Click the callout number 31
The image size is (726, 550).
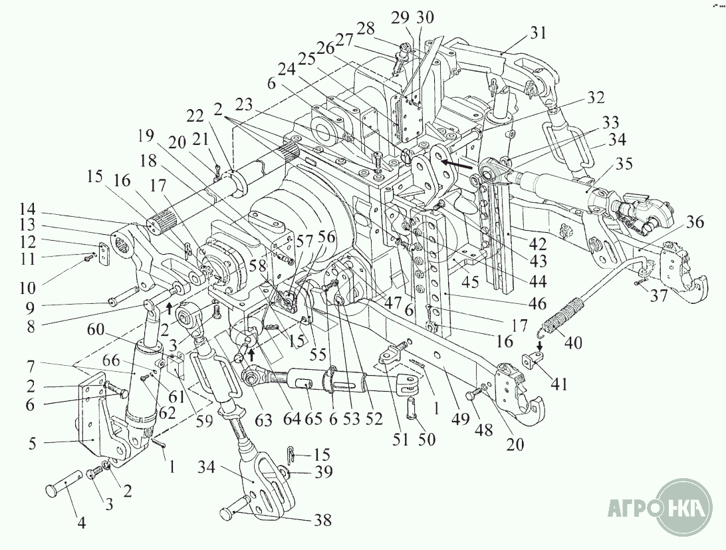point(538,33)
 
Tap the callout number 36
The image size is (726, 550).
point(694,222)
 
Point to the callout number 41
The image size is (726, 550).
point(559,384)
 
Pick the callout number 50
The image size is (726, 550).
point(426,438)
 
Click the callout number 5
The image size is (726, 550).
point(32,444)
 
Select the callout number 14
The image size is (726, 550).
point(28,209)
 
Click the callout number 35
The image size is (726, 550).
point(624,164)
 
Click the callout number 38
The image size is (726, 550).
point(322,520)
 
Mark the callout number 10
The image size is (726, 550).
point(27,288)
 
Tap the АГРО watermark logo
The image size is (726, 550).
point(660,507)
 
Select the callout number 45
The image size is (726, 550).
point(471,281)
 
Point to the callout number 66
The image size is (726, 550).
point(112,361)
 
